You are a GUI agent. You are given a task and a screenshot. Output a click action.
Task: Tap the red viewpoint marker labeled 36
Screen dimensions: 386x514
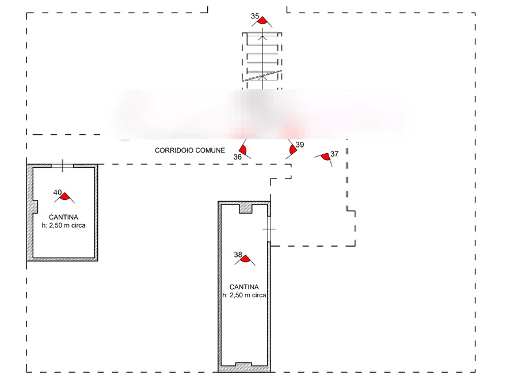[243, 150]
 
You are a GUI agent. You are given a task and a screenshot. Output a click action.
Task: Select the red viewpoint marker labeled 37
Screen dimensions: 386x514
[326, 156]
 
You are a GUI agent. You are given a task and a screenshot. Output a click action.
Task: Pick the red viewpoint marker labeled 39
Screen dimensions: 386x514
[293, 150]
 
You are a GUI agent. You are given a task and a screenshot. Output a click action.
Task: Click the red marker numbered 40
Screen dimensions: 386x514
[65, 197]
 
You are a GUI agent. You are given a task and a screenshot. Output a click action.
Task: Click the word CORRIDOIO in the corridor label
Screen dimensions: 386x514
[173, 150]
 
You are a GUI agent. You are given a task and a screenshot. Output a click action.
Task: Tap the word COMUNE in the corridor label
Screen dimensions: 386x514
[209, 150]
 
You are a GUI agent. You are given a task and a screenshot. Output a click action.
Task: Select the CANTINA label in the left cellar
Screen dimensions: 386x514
[64, 217]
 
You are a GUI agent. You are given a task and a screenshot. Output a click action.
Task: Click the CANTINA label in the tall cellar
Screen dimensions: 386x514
[245, 287]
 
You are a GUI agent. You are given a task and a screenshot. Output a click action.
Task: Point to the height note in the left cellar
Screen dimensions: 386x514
[64, 226]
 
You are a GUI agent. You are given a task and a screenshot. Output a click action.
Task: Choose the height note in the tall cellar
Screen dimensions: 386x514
[245, 296]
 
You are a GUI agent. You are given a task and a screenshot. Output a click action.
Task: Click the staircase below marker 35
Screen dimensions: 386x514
[262, 58]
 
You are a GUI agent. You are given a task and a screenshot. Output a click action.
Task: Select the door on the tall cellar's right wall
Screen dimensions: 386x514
[268, 229]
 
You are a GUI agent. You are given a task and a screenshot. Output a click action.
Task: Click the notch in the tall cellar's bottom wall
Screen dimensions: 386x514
[241, 362]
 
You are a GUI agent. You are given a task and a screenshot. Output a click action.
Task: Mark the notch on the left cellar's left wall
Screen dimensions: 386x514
[36, 206]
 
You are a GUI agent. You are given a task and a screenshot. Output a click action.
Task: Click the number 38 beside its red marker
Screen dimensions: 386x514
[238, 254]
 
